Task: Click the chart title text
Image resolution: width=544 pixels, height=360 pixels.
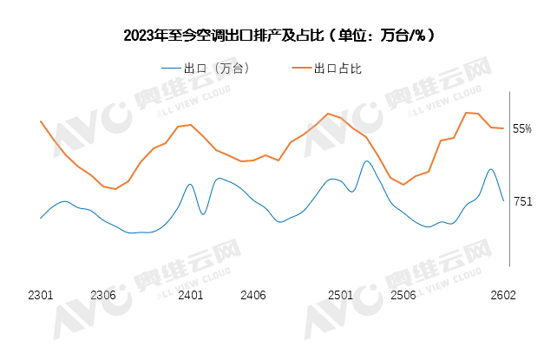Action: click(x=279, y=36)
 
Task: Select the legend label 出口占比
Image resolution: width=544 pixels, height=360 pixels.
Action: click(x=338, y=69)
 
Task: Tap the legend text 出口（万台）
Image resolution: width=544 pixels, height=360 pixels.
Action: click(x=217, y=69)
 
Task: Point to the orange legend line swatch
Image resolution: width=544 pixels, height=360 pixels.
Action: click(x=300, y=69)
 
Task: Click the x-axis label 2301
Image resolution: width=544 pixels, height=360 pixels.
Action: click(x=41, y=295)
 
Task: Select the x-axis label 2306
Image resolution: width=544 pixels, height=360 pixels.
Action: click(x=103, y=295)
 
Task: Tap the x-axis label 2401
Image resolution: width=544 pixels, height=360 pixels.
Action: click(x=190, y=295)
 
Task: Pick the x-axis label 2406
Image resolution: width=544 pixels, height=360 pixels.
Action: click(x=252, y=295)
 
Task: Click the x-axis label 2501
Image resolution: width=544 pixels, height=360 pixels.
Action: click(x=340, y=295)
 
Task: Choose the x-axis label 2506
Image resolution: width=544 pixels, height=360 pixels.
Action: click(x=403, y=295)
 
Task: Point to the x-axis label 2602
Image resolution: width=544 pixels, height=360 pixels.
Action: click(x=502, y=295)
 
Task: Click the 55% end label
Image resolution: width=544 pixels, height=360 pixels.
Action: click(x=522, y=129)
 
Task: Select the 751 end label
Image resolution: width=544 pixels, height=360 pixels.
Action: click(x=523, y=201)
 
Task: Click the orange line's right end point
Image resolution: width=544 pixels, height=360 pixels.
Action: click(x=503, y=128)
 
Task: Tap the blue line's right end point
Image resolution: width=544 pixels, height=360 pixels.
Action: click(x=503, y=200)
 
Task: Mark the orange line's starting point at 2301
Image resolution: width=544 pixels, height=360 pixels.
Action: click(x=41, y=121)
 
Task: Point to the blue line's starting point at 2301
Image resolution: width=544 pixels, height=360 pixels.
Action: click(x=41, y=218)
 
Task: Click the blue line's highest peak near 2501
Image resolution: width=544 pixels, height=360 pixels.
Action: click(x=366, y=160)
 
